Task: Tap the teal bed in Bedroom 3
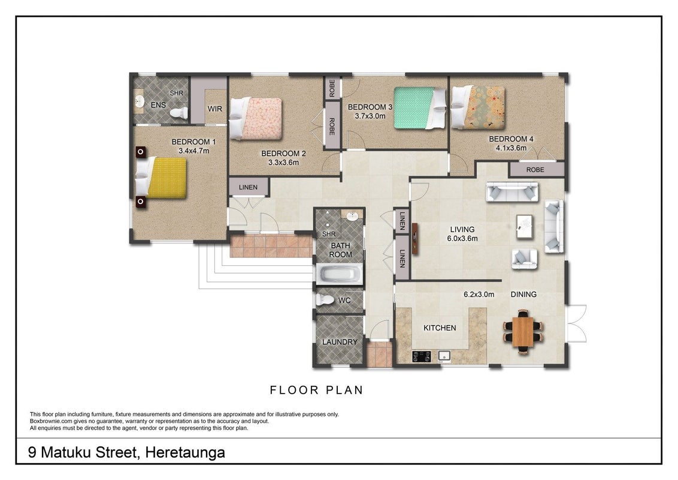point(419,108)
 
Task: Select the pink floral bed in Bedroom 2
point(256,118)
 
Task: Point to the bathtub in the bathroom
point(340,275)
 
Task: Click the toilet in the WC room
point(325,300)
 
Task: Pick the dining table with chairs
point(523,332)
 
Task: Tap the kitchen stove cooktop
point(420,356)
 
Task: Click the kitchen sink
point(444,356)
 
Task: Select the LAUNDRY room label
point(340,342)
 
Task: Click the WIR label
point(215,109)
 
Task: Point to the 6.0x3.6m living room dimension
point(462,239)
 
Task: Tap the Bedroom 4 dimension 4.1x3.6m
point(511,148)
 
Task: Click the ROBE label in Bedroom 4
point(535,170)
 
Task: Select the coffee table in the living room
point(525,227)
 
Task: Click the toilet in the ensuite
point(179,113)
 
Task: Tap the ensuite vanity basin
point(139,102)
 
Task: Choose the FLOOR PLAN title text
point(316,390)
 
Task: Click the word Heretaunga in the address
point(185,453)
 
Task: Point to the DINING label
point(523,295)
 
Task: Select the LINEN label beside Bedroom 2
point(248,187)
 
